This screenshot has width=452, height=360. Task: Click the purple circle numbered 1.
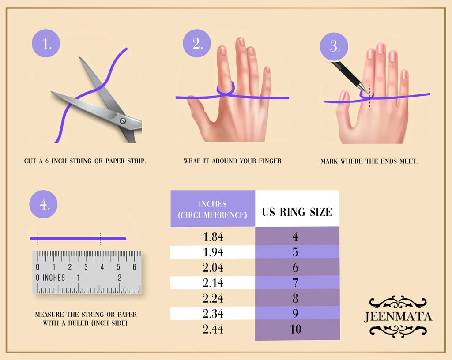pyautogui.click(x=46, y=43)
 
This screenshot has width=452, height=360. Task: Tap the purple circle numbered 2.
pyautogui.click(x=197, y=43)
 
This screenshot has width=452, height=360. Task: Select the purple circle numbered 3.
pyautogui.click(x=334, y=46)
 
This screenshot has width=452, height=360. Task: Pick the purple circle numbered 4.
pyautogui.click(x=44, y=204)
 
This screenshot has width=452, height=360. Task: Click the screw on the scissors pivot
pyautogui.click(x=123, y=121)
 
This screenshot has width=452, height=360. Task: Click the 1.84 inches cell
pyautogui.click(x=213, y=236)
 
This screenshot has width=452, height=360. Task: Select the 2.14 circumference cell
pyautogui.click(x=213, y=283)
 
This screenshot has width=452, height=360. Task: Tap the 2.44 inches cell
pyautogui.click(x=213, y=329)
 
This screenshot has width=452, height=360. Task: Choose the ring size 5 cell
pyautogui.click(x=297, y=252)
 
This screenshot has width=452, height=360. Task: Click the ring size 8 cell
pyautogui.click(x=297, y=298)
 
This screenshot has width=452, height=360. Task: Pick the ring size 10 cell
pyautogui.click(x=297, y=329)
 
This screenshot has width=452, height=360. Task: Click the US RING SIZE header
pyautogui.click(x=297, y=212)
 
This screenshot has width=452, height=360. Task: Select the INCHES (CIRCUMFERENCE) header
pyautogui.click(x=212, y=210)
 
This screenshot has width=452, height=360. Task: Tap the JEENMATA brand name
pyautogui.click(x=398, y=316)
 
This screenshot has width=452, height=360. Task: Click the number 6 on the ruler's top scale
pyautogui.click(x=134, y=267)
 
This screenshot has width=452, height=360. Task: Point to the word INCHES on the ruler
pyautogui.click(x=54, y=277)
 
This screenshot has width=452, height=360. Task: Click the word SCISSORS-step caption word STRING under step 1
pyautogui.click(x=80, y=161)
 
